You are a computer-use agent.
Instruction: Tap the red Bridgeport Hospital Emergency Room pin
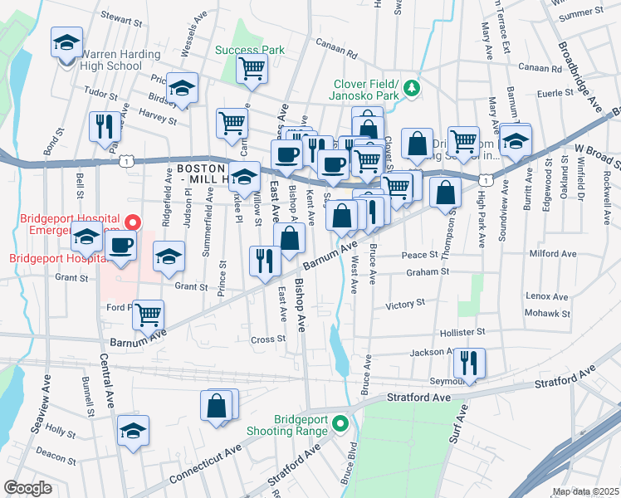[133, 222]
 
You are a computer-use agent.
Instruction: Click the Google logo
[27, 487]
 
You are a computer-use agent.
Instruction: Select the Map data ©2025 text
[586, 491]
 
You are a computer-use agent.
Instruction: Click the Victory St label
[405, 305]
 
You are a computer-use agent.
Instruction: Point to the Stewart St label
[122, 15]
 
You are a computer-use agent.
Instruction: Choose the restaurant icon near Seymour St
[470, 362]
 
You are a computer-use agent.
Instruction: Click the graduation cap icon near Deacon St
[133, 431]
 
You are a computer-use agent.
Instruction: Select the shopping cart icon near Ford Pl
[149, 314]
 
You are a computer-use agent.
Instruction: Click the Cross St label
[268, 339]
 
